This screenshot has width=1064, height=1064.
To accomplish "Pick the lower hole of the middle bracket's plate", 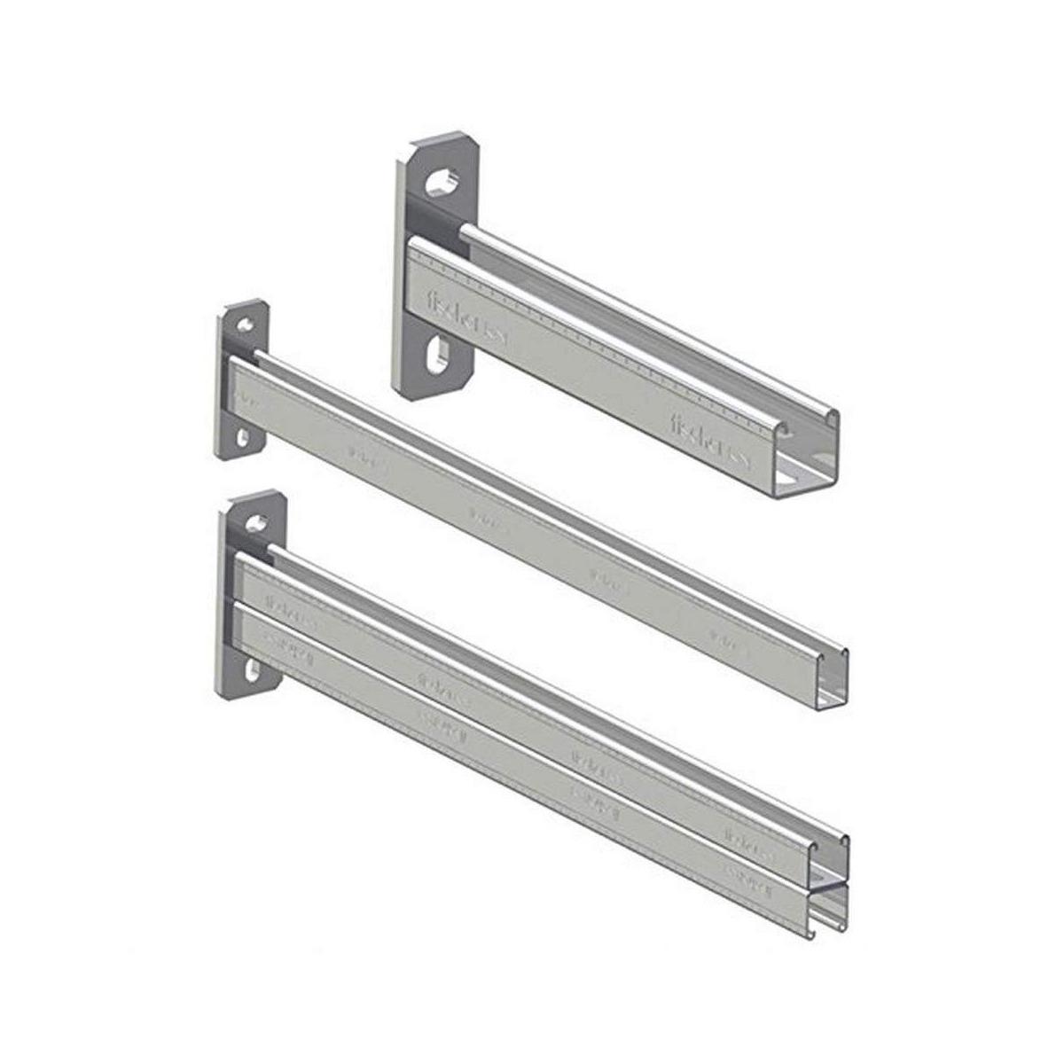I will (x=243, y=437).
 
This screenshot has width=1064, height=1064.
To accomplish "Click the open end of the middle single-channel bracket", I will (x=831, y=681).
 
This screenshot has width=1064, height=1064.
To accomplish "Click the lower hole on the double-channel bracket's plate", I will (x=254, y=671).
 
